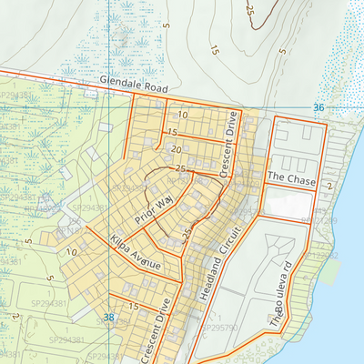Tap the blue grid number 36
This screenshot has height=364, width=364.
pos(318,107)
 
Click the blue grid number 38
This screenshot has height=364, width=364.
pos(108,318)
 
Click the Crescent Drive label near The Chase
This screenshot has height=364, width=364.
pos(231,143)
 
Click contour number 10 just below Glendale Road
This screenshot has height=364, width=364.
pos(183,116)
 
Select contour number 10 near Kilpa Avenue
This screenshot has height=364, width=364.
pos(70,250)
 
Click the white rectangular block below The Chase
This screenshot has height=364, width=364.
pos(288,206)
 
